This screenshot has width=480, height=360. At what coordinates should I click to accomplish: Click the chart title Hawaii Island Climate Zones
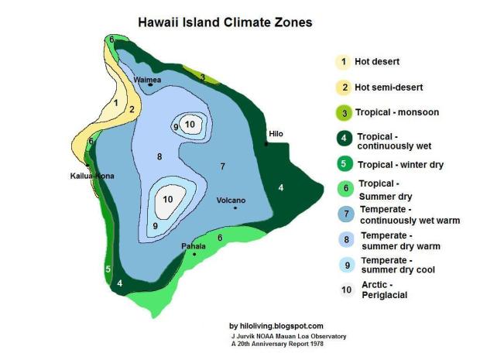pyautogui.click(x=225, y=22)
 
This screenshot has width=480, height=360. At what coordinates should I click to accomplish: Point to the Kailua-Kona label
pyautogui.click(x=92, y=177)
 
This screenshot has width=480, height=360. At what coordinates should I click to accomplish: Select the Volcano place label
pyautogui.click(x=231, y=199)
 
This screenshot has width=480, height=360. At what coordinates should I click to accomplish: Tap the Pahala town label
pyautogui.click(x=193, y=246)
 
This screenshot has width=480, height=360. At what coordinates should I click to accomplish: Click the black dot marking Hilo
pyautogui.click(x=266, y=143)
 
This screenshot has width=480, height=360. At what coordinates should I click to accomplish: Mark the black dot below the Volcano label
pyautogui.click(x=234, y=207)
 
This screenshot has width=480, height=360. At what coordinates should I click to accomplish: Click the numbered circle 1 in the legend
pyautogui.click(x=341, y=61)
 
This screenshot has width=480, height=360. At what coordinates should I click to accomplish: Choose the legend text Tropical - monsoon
pyautogui.click(x=396, y=112)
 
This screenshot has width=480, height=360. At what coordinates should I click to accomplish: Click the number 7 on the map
pyautogui.click(x=222, y=166)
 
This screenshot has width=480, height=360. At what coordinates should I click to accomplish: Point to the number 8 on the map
pyautogui.click(x=159, y=157)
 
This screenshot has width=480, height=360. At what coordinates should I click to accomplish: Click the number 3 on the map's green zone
pyautogui.click(x=202, y=77)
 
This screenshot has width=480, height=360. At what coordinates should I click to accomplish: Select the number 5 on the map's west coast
pyautogui.click(x=108, y=269)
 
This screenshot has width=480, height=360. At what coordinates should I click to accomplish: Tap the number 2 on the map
pyautogui.click(x=132, y=109)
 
